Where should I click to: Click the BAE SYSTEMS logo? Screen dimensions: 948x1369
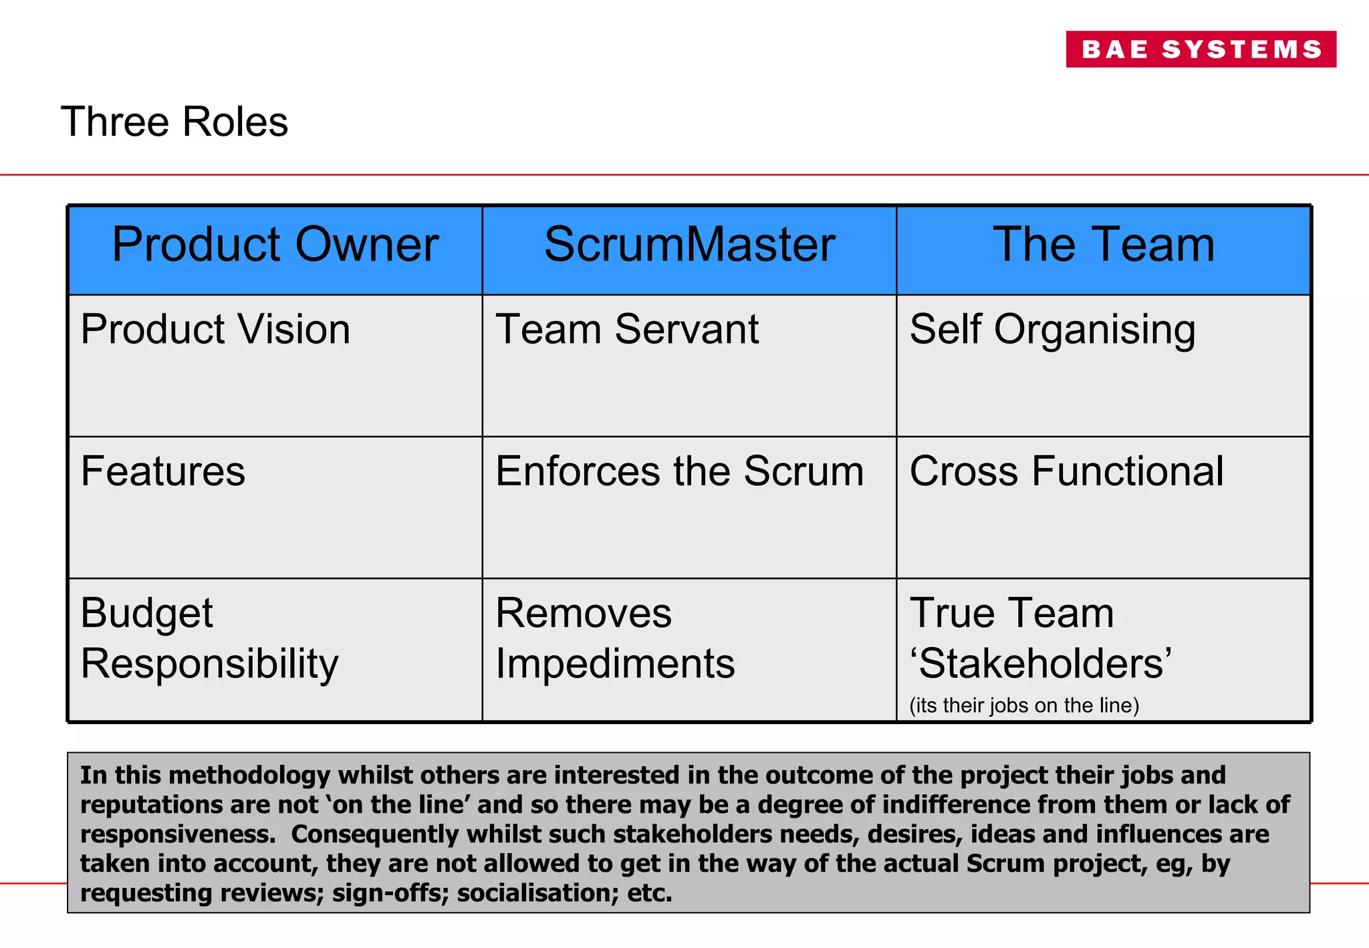(1201, 49)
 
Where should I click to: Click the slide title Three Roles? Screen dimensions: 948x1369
(174, 122)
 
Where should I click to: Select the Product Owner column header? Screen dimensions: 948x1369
(275, 245)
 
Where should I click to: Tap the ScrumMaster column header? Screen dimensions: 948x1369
(689, 245)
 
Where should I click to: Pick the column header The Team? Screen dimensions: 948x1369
(1103, 245)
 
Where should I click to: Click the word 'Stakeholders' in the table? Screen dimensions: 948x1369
(1041, 664)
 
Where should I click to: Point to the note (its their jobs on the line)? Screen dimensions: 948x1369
(1024, 705)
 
